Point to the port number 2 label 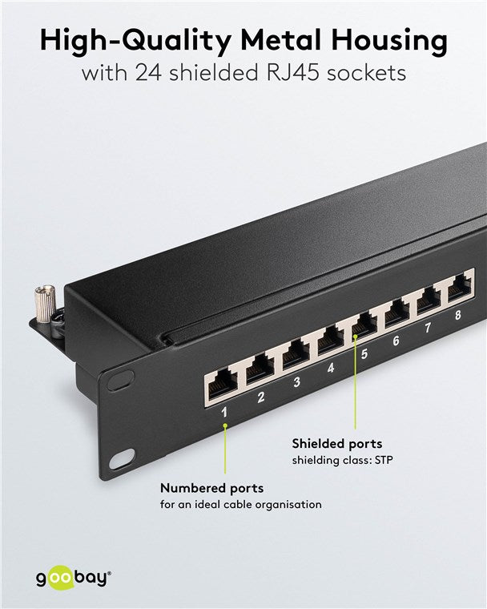point(261,396)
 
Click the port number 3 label point(296,382)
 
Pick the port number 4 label point(332,369)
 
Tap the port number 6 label point(396,341)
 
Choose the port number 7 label point(428,328)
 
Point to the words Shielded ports point(336,443)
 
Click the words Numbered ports point(211,488)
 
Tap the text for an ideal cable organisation point(241,505)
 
